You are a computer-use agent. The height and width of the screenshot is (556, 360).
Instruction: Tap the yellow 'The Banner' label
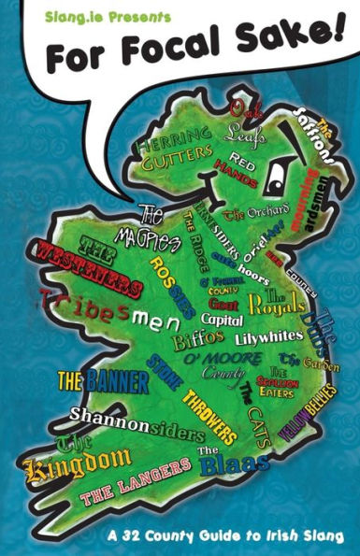[103, 381]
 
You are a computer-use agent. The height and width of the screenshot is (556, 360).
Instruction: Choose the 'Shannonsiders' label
[136, 423]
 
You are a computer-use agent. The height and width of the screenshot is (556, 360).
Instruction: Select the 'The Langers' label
[136, 490]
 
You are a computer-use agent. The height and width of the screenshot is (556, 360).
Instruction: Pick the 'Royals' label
[278, 301]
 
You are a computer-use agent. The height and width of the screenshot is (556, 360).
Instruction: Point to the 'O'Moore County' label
[213, 366]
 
